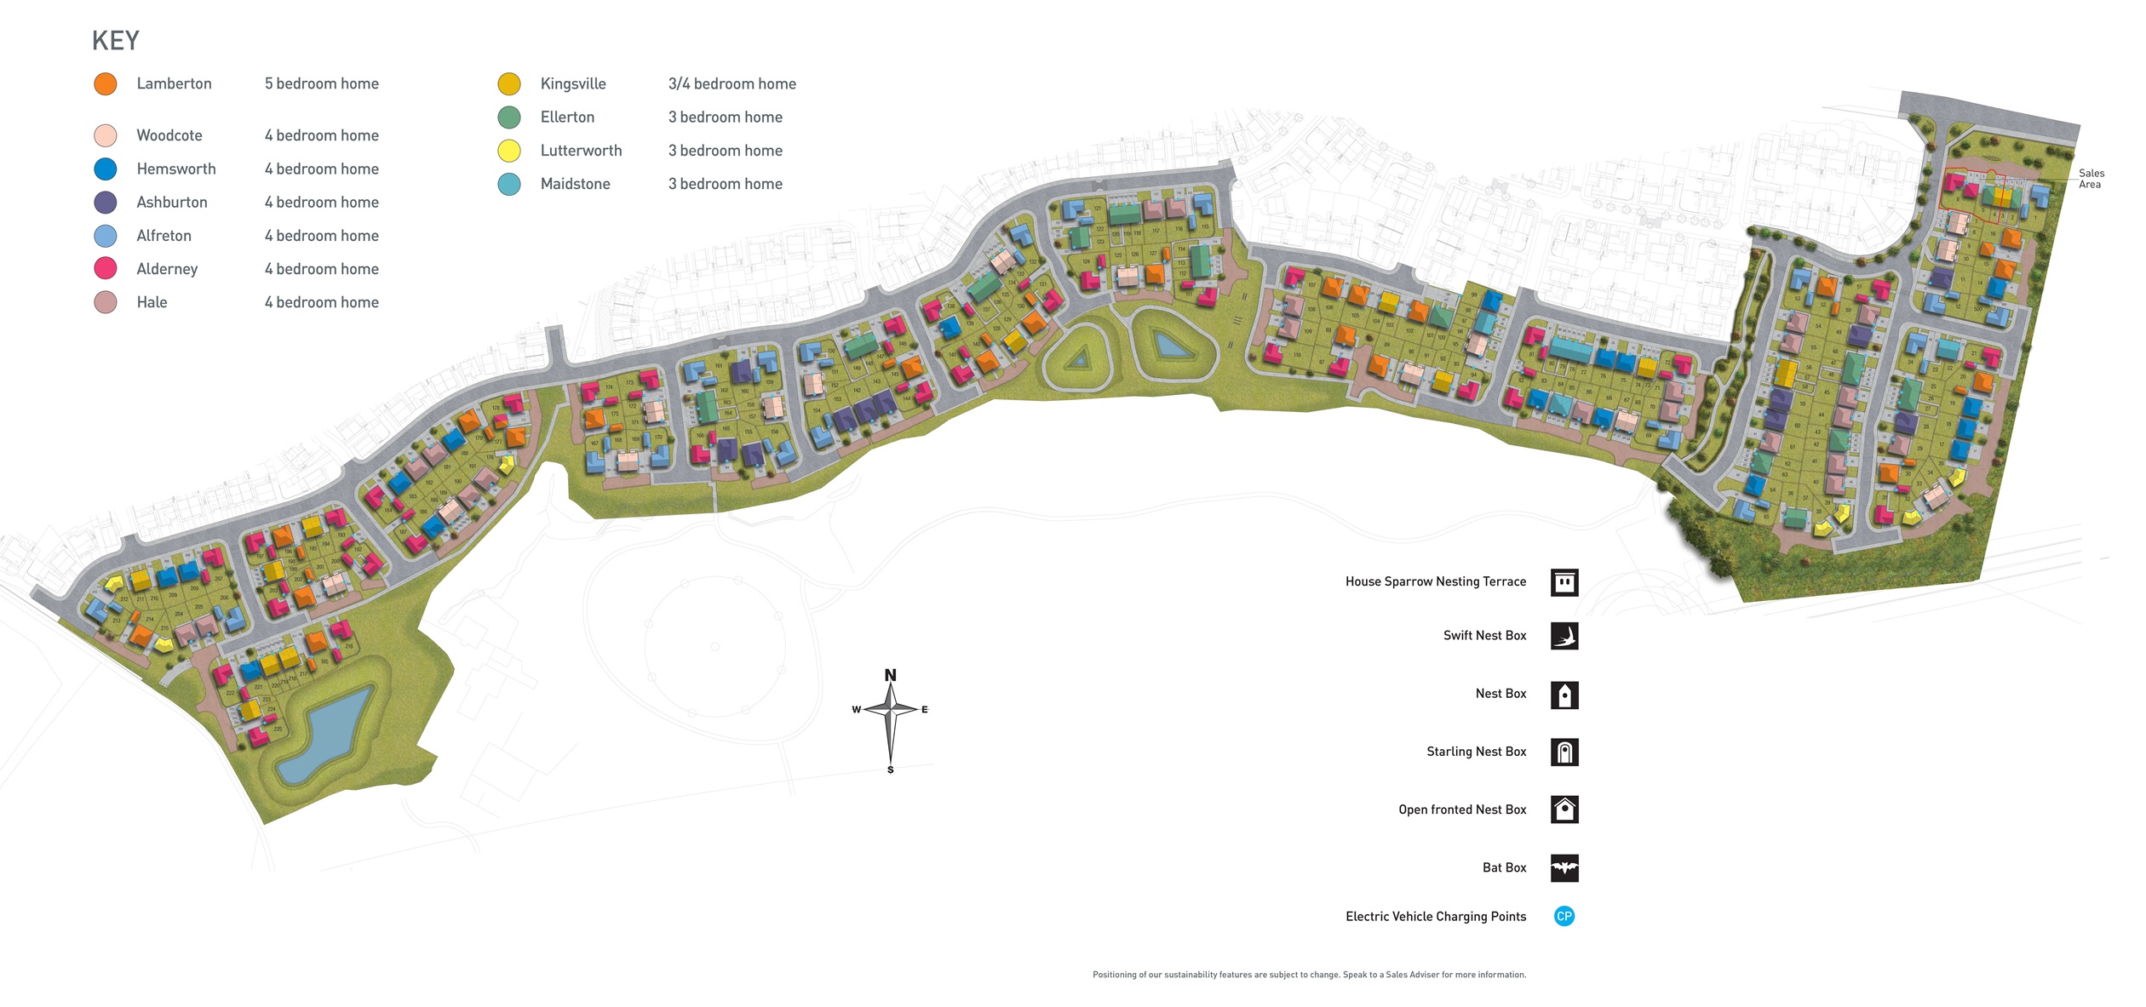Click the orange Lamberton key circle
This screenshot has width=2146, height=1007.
(106, 84)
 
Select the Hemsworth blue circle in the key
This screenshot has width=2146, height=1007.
(106, 169)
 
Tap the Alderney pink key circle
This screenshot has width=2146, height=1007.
(106, 269)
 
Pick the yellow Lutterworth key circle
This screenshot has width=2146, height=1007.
(509, 152)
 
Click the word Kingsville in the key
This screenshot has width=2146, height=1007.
(573, 84)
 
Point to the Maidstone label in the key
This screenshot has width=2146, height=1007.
(575, 184)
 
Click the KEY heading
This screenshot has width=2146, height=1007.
(115, 41)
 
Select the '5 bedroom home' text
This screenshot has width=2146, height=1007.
(321, 84)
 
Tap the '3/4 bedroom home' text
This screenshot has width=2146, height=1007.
(732, 84)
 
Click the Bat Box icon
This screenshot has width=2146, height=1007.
(1564, 868)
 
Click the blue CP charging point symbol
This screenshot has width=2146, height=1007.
(1564, 917)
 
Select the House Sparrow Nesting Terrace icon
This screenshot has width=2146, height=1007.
(1564, 583)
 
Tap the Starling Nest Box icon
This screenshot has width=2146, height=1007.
(1564, 752)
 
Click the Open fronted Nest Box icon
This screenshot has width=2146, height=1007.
(1564, 810)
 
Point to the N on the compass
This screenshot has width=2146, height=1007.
(890, 676)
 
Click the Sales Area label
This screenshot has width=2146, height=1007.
(2091, 179)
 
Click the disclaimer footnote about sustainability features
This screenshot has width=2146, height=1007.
(1309, 976)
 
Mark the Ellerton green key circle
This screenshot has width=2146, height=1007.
(509, 117)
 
